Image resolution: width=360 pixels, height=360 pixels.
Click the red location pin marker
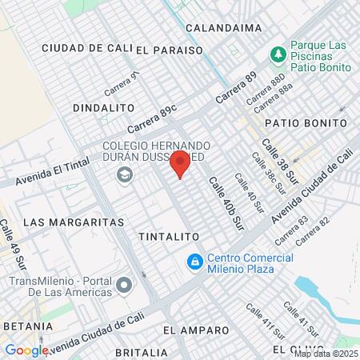[180, 163]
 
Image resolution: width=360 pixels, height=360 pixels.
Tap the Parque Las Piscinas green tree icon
[278, 54]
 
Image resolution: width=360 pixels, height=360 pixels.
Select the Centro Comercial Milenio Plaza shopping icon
[194, 262]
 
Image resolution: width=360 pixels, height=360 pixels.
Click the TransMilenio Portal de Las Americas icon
[124, 285]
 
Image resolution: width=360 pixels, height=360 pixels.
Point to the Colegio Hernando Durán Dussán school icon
[124, 175]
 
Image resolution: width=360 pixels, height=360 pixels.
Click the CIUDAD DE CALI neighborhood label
[86, 48]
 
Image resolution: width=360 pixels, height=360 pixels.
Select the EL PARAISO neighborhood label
[169, 50]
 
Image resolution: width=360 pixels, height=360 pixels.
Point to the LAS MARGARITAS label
[74, 221]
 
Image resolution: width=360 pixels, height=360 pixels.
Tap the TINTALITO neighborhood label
[168, 238]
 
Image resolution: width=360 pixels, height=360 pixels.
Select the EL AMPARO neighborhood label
[190, 330]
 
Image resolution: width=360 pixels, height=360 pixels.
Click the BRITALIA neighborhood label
[141, 352]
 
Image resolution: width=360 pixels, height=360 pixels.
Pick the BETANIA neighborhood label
[28, 326]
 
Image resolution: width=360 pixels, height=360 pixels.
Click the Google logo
[26, 350]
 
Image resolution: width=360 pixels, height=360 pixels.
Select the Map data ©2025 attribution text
[327, 353]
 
